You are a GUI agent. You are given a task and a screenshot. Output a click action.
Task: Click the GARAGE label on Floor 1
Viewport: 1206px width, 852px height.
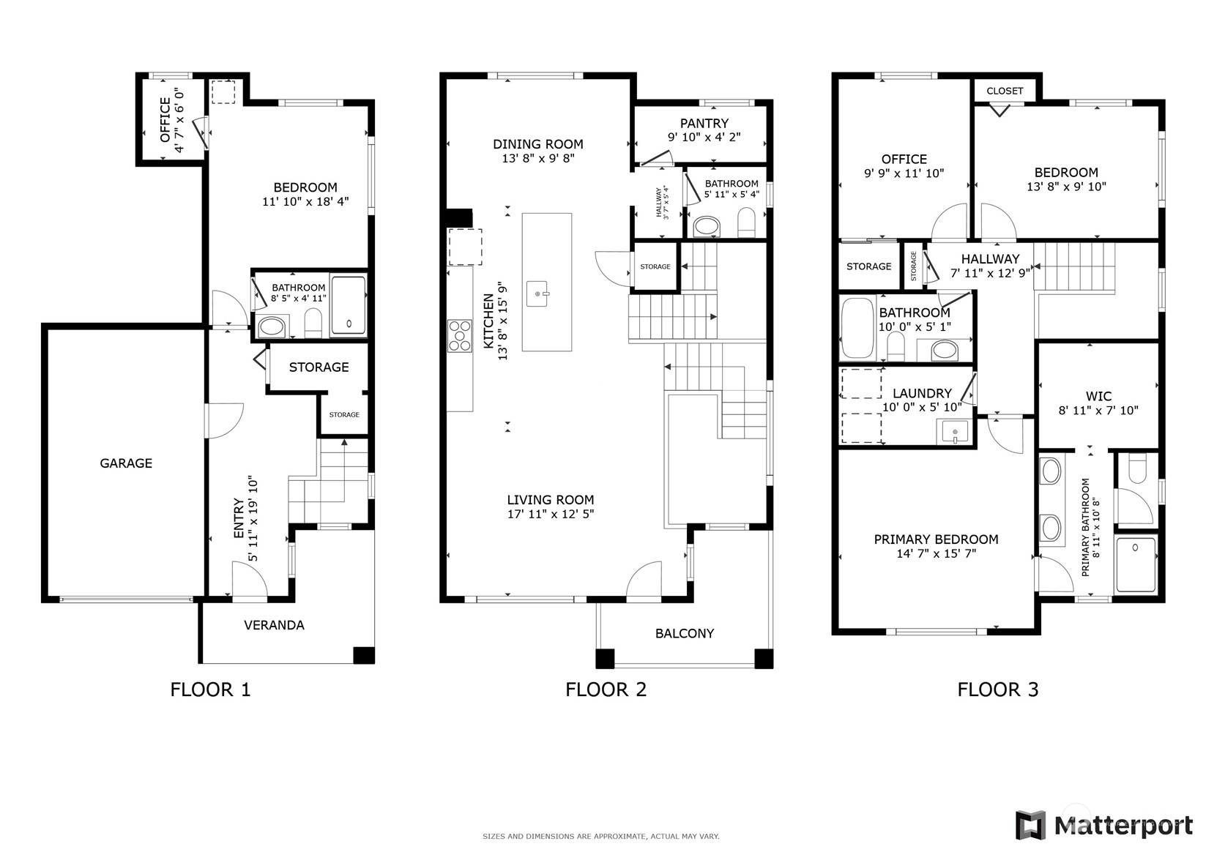126,463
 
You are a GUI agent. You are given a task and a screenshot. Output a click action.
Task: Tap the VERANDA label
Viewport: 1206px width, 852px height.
274,625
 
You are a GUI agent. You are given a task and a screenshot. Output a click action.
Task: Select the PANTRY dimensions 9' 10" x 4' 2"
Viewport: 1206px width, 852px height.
704,137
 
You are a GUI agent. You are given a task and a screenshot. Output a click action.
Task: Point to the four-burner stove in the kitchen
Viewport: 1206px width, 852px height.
460,336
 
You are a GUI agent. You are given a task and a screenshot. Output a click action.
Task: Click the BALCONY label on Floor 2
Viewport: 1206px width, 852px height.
684,634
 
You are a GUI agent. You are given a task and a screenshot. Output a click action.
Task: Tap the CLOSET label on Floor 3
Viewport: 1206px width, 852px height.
1004,91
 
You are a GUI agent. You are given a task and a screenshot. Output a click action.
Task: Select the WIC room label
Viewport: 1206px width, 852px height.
1098,396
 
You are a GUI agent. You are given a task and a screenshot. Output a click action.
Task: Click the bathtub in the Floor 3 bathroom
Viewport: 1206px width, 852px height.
857,327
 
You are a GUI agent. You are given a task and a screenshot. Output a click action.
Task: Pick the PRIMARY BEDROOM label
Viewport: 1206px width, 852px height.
936,539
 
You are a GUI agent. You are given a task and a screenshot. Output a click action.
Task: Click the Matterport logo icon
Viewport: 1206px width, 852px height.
1030,825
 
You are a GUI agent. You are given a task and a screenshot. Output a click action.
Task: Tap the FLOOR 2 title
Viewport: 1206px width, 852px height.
606,690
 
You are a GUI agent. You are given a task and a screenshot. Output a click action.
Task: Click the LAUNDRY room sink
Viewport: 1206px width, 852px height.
954,432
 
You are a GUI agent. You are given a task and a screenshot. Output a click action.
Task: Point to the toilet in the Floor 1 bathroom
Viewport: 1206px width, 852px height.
313,323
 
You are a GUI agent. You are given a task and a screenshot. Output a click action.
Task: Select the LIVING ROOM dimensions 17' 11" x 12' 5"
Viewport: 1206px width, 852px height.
550,515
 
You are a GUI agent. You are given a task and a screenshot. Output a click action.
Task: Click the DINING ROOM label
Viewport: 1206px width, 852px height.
537,144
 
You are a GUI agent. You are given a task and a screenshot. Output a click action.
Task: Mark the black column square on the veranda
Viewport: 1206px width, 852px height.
363,655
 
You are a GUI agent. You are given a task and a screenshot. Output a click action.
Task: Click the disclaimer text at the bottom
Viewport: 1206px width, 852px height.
600,836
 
